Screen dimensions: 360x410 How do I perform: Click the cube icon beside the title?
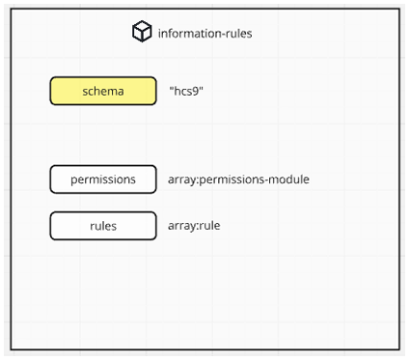pyautogui.click(x=142, y=33)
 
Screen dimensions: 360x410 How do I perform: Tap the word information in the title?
pyautogui.click(x=187, y=34)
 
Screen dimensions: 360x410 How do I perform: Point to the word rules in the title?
pyautogui.click(x=237, y=34)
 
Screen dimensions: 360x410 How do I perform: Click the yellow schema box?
pyautogui.click(x=103, y=91)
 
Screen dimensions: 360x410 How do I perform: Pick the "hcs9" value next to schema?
pyautogui.click(x=187, y=91)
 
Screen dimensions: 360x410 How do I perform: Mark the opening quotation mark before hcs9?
pyautogui.click(x=172, y=88)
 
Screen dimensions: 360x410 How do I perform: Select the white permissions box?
pyautogui.click(x=103, y=180)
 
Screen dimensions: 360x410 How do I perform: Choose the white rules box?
pyautogui.click(x=103, y=226)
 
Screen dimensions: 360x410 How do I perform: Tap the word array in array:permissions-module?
pyautogui.click(x=182, y=180)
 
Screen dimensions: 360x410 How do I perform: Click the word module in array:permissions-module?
pyautogui.click(x=289, y=180)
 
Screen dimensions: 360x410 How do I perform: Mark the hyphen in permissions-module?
pyautogui.click(x=267, y=180)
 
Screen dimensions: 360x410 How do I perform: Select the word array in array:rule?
pyautogui.click(x=182, y=227)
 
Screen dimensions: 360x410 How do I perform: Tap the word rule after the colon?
pyautogui.click(x=218, y=226)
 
